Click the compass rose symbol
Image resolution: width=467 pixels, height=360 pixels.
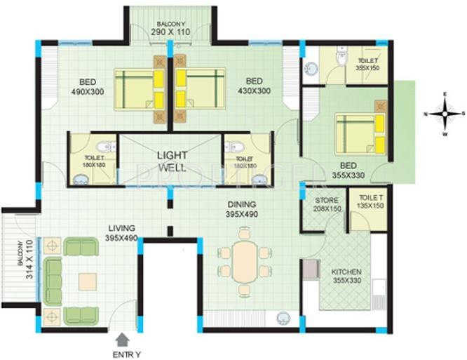(x=444, y=113)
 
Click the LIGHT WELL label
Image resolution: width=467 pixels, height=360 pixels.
(x=171, y=161)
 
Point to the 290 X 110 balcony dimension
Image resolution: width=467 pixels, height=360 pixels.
(x=171, y=32)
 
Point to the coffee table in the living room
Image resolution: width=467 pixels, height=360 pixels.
(x=88, y=281)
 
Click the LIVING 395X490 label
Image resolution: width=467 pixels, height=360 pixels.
(x=121, y=233)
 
